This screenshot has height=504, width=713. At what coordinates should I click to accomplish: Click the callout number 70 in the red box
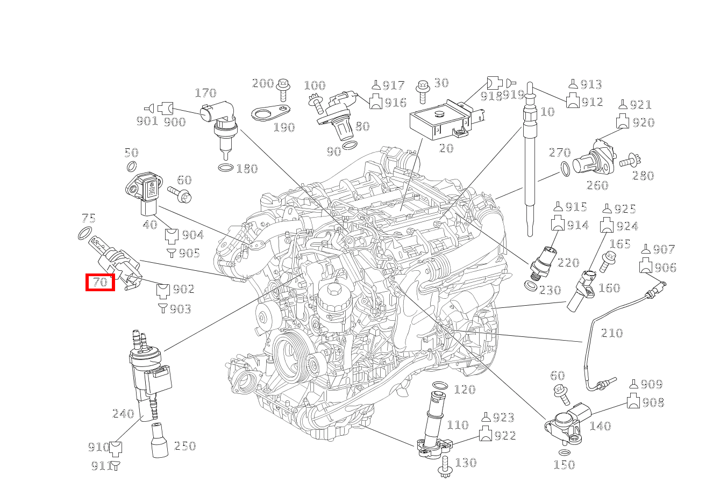click(100, 282)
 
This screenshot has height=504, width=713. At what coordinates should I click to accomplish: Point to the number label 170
click(205, 93)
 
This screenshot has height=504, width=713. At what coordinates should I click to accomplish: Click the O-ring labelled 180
click(226, 168)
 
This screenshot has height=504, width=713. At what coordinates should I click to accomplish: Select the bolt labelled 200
click(283, 88)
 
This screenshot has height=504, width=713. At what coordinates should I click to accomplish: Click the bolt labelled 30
click(423, 92)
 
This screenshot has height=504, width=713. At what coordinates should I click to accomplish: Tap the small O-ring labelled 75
click(84, 234)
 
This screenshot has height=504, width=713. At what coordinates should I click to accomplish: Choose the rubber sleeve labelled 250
click(160, 441)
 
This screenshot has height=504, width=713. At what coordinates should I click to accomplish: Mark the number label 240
click(123, 414)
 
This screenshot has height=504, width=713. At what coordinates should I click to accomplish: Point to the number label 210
click(611, 333)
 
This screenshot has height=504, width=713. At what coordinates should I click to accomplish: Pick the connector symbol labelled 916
click(375, 102)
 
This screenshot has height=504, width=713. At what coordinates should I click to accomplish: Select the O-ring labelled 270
click(565, 169)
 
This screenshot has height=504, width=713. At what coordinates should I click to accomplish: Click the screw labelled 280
click(629, 160)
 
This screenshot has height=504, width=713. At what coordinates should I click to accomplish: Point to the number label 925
click(625, 209)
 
